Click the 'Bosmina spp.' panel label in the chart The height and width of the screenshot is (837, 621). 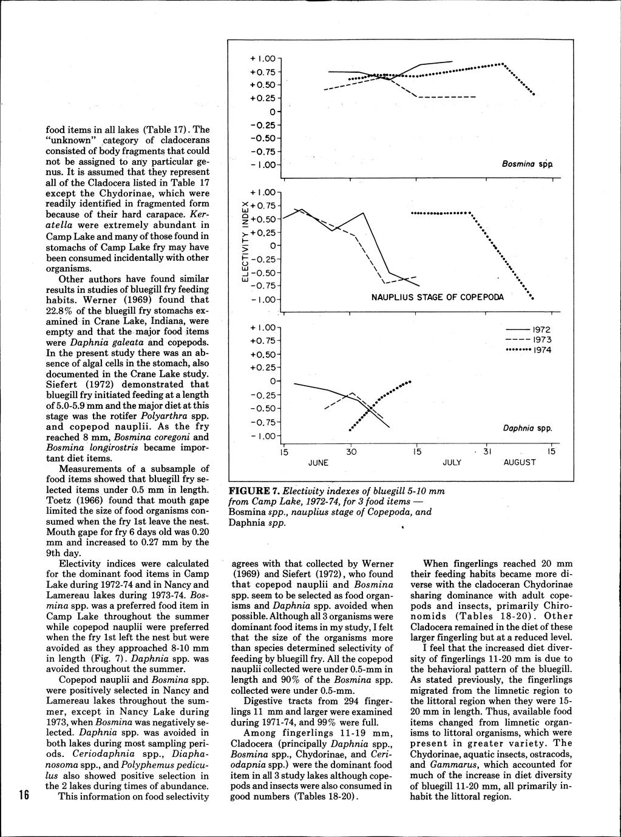(526, 164)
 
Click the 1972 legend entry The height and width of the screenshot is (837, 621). (528, 329)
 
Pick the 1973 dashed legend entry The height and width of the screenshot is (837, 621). (528, 340)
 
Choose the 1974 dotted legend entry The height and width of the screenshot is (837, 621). (528, 351)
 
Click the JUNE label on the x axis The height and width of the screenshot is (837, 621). (318, 462)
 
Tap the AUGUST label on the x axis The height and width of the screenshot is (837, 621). (520, 462)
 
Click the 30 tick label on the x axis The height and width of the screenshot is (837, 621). (351, 452)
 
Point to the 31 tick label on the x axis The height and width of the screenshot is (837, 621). (486, 452)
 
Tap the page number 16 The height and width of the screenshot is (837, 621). (24, 795)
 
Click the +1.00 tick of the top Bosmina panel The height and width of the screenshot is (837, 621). (263, 59)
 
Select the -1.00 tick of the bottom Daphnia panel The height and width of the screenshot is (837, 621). (263, 436)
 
